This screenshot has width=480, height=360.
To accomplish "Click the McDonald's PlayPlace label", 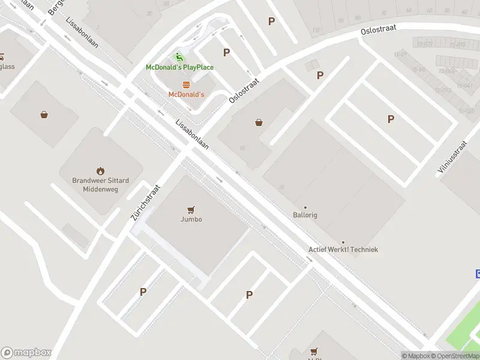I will [179, 67].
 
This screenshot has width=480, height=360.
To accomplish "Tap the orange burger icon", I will [186, 85].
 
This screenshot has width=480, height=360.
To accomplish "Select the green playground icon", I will [179, 57].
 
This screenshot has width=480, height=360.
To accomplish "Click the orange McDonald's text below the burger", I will [186, 95].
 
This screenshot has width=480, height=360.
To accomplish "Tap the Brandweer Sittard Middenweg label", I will [100, 184].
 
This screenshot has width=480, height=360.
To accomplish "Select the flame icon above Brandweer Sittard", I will [100, 170].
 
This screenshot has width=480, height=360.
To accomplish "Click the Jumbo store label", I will [191, 219].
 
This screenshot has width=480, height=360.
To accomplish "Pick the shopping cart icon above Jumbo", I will [191, 209].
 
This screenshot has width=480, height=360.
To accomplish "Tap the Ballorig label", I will [305, 215].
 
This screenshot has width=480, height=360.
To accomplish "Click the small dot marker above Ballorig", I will [305, 208].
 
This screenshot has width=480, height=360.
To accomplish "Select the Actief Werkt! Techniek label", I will [343, 250].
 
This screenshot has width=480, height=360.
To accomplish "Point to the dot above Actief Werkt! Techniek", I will [343, 242].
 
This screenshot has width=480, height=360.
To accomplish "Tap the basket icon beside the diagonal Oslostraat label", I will [259, 122].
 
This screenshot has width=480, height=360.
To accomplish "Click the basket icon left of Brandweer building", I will [44, 115].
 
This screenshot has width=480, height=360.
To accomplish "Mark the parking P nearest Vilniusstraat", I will [391, 119].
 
